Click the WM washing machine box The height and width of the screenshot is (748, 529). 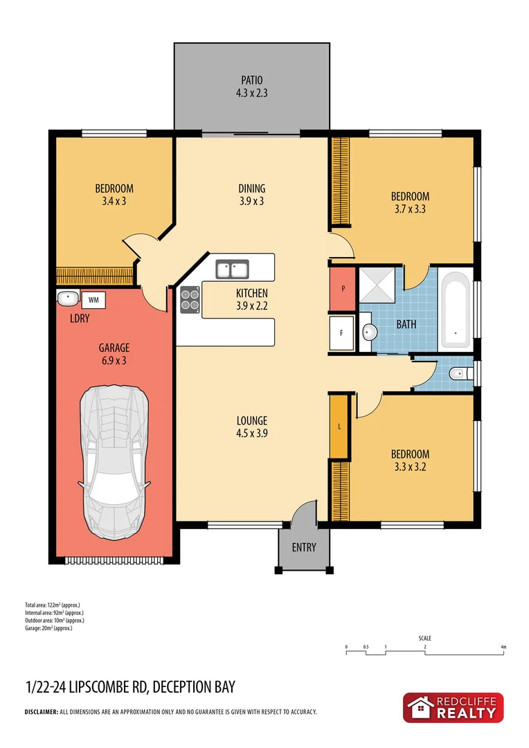[x=93, y=300]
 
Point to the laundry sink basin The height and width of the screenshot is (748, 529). [x=67, y=299]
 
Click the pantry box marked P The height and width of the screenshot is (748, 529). [x=343, y=287]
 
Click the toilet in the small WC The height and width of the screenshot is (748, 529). [x=458, y=375]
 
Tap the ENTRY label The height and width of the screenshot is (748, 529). [x=304, y=547]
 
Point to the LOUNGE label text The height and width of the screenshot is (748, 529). [x=251, y=421]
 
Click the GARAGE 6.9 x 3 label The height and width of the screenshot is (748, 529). [x=114, y=354]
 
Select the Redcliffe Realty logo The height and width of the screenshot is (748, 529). [x=453, y=708]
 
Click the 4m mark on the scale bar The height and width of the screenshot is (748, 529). [x=504, y=648]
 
